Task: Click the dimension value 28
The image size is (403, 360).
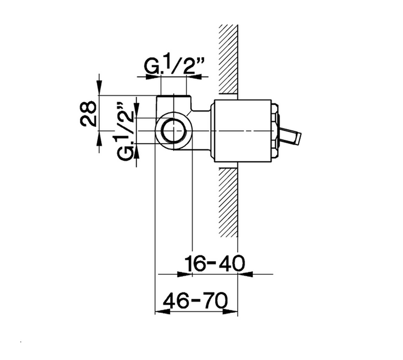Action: click(88, 113)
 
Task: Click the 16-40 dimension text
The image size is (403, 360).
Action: click(215, 263)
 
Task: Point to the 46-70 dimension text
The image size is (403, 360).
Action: click(195, 301)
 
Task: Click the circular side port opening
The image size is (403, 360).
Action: click(174, 131)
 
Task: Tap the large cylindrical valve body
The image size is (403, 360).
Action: click(243, 131)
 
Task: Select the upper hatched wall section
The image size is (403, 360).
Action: click(228, 59)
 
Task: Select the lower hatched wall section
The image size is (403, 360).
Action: click(228, 202)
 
